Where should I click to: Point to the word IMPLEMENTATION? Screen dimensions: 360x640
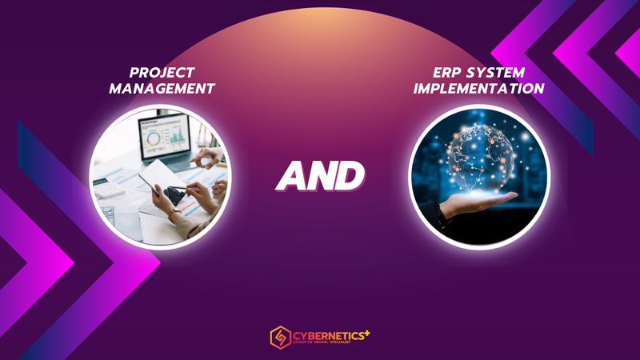pos(479,88)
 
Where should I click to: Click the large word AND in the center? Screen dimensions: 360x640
pos(320,174)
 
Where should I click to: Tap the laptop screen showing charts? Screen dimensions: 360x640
pos(163,136)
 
